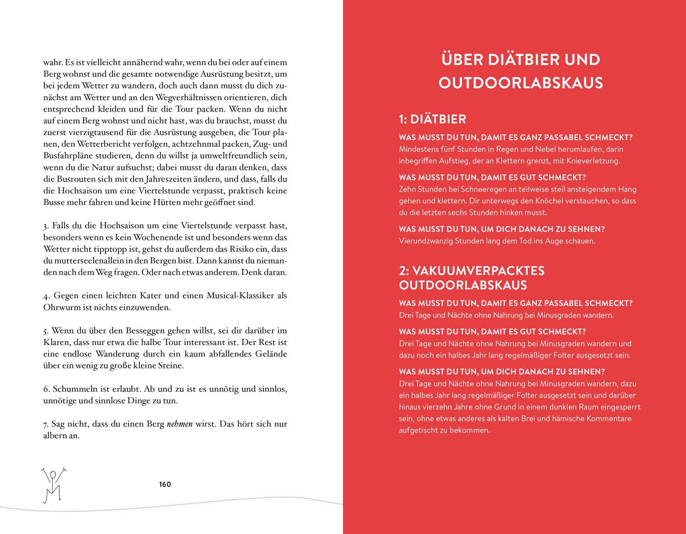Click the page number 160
point(165,484)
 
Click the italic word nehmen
point(180,424)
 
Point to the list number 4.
point(46,296)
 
